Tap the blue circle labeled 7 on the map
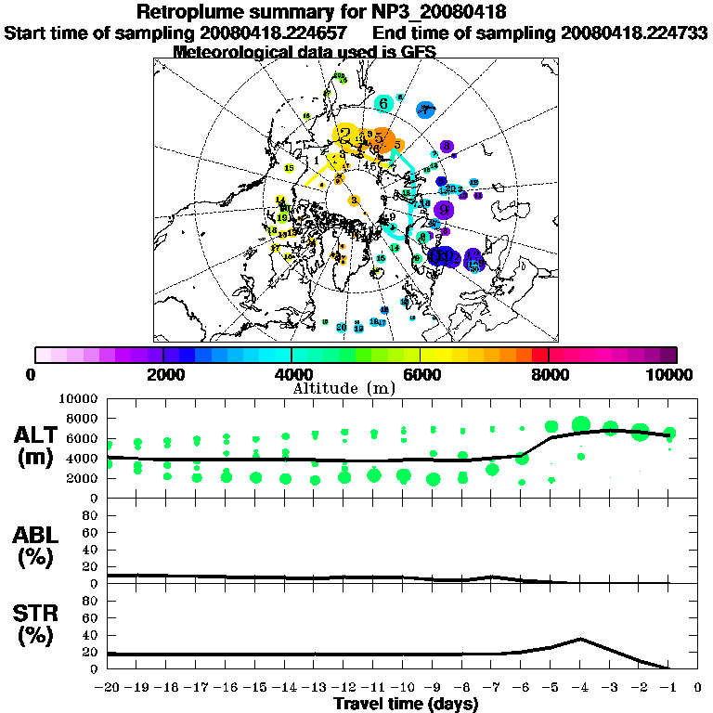[x=425, y=110]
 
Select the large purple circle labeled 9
[x=444, y=210]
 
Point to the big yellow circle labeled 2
[x=346, y=136]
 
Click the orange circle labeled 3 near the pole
[x=354, y=200]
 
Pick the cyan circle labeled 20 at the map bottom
[x=342, y=327]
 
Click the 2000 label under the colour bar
[x=163, y=375]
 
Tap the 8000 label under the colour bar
[x=549, y=375]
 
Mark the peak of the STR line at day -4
[x=580, y=639]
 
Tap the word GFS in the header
[x=416, y=52]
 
